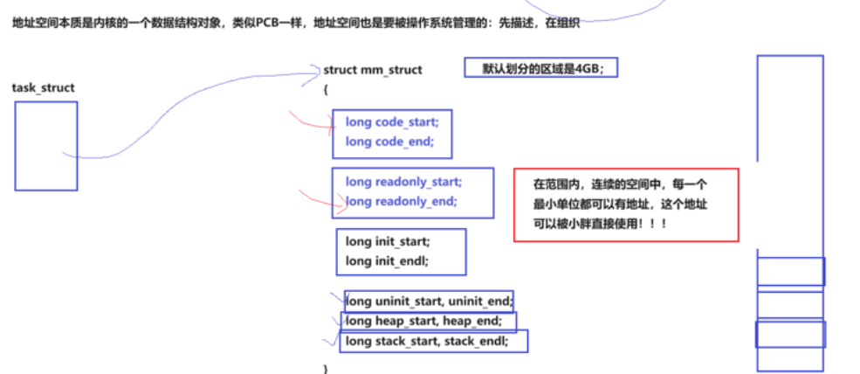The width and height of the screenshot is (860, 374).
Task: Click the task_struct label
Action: coord(44,88)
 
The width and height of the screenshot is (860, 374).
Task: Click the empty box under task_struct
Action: coord(45,146)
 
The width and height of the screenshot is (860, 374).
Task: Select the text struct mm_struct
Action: coord(373,70)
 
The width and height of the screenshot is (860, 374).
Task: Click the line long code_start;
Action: coord(392,122)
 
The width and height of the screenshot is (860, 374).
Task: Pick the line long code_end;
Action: coord(389,141)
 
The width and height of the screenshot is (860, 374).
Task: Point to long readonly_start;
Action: coord(403,182)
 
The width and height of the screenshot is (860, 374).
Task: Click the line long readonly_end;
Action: coord(401,201)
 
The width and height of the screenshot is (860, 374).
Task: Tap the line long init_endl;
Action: coord(387,260)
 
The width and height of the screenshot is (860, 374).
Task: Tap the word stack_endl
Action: coord(475,341)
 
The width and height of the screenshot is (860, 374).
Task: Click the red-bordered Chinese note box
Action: coord(626,205)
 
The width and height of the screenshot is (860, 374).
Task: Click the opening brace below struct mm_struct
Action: coord(326,88)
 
